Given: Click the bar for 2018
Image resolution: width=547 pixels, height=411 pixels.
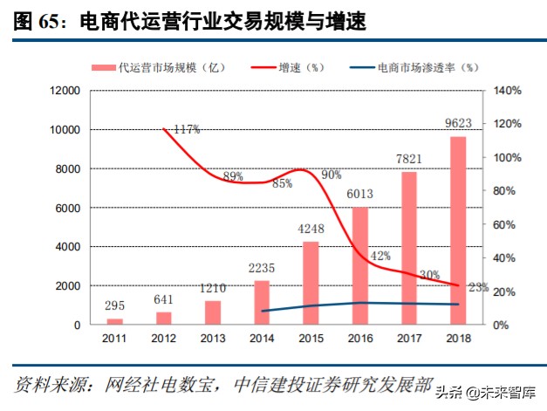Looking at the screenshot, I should point(457,230).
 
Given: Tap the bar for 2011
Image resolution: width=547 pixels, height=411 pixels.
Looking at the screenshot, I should point(115,321).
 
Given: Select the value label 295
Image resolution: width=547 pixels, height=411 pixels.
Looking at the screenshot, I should point(115,307).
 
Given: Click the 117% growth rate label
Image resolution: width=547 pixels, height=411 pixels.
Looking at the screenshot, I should point(186,129).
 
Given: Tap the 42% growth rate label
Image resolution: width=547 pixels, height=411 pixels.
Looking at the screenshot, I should point(379,256).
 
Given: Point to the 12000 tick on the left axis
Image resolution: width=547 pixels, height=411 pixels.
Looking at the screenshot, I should point(65,91).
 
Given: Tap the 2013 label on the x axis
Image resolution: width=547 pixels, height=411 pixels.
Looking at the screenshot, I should point(213,338).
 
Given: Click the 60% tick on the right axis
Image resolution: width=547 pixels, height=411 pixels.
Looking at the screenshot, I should point(503,224).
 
